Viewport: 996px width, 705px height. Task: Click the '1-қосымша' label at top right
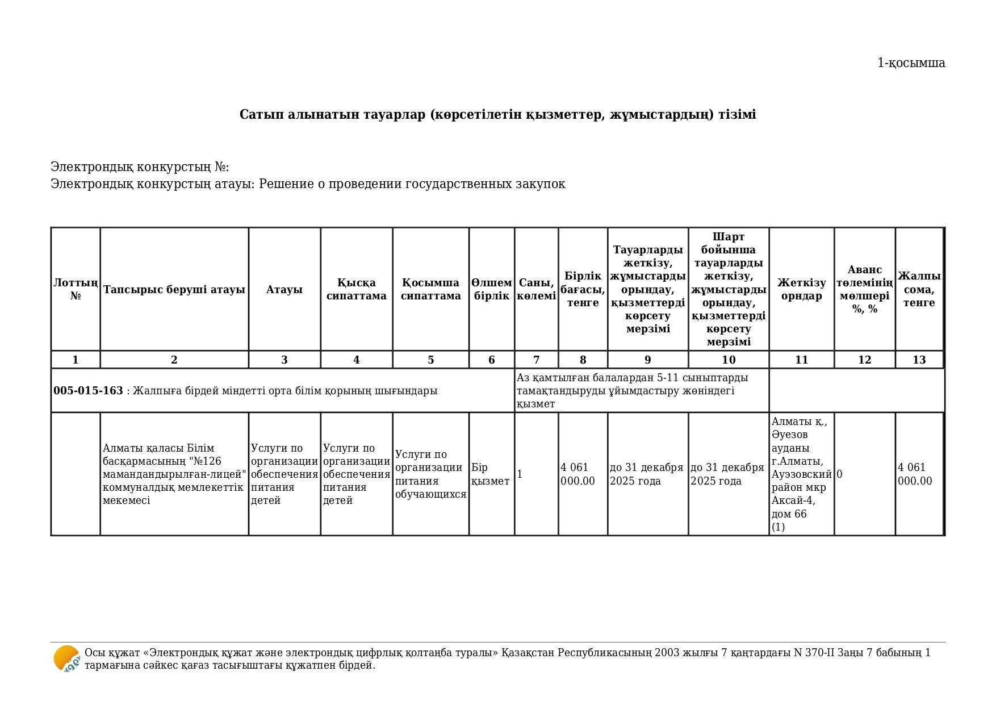point(911,63)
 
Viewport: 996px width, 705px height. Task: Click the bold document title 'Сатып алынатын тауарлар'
point(497,115)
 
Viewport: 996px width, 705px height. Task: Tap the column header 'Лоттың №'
point(76,289)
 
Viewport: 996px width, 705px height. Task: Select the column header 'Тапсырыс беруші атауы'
point(174,290)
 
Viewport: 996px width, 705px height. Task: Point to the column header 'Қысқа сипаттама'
point(356,289)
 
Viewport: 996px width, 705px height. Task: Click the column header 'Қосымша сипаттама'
point(430,289)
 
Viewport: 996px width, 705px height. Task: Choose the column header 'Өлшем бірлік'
point(491,289)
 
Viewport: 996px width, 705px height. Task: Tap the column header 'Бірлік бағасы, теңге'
point(583,289)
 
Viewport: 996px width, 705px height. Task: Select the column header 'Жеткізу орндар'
point(801,289)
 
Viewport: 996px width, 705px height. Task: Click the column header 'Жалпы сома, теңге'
point(919,289)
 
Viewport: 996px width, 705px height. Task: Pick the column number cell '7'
point(536,360)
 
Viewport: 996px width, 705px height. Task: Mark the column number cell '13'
point(919,360)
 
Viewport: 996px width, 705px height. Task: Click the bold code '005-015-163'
point(88,391)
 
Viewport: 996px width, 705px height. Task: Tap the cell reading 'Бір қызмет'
point(491,474)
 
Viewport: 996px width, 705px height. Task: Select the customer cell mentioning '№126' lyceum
point(174,474)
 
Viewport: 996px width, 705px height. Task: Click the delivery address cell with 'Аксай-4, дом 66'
point(801,474)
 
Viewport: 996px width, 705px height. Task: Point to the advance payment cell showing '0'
point(840,474)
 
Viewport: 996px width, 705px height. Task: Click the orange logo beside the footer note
point(66,659)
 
